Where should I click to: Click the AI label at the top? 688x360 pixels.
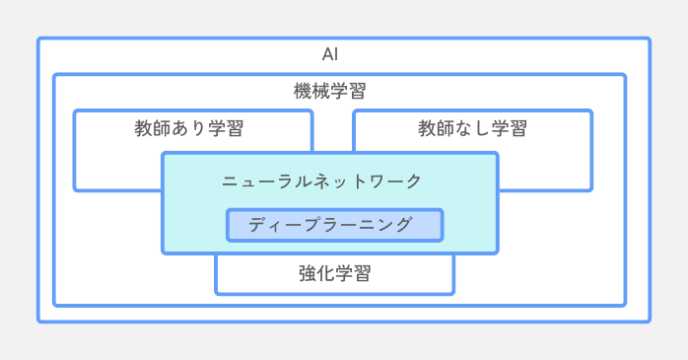pos(330,54)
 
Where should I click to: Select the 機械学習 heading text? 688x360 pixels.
pos(330,91)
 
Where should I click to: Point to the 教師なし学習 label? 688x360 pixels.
pos(472,128)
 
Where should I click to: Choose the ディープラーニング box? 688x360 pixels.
pos(334,225)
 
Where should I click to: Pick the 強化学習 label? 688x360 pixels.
pos(334,274)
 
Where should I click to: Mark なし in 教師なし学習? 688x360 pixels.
pos(472,128)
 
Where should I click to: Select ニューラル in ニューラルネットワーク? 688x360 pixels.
pos(258,181)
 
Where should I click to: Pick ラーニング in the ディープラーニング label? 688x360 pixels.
pos(363,225)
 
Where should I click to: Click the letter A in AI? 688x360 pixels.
pos(326,54)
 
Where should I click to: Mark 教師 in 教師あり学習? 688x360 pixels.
pos(153,128)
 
